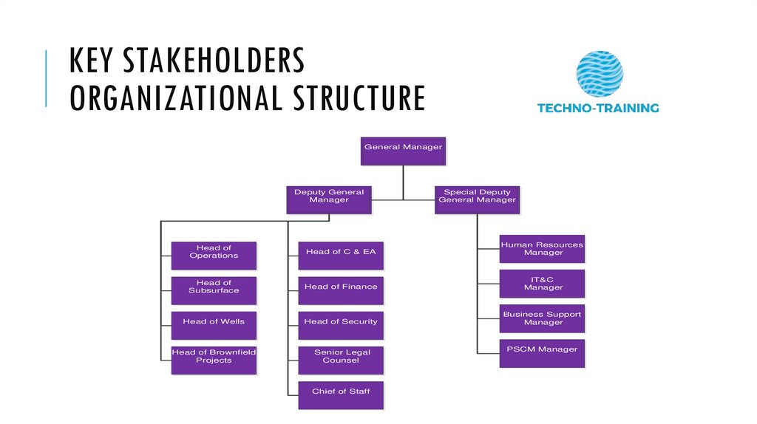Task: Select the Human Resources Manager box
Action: pyautogui.click(x=542, y=249)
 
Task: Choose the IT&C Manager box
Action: pyautogui.click(x=542, y=284)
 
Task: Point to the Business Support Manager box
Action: pyautogui.click(x=542, y=318)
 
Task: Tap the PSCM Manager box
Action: pyautogui.click(x=542, y=353)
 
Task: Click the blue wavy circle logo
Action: pyautogui.click(x=600, y=73)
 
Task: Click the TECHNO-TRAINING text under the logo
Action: pyautogui.click(x=597, y=108)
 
